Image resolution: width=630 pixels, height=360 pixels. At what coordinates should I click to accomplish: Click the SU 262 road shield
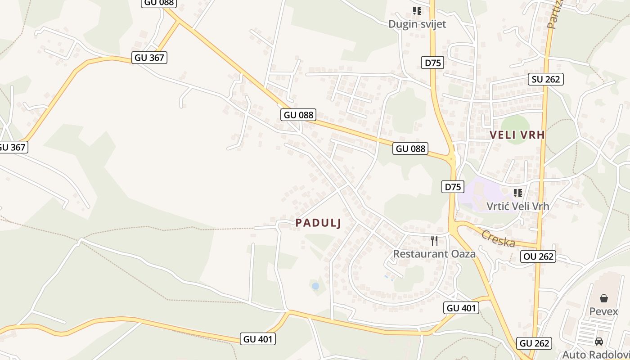(x=545, y=80)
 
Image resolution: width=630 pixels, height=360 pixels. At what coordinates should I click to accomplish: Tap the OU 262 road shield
(x=538, y=256)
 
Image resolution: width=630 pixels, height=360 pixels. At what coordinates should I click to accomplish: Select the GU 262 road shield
(x=534, y=343)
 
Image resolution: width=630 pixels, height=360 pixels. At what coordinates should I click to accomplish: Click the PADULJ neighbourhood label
(x=318, y=223)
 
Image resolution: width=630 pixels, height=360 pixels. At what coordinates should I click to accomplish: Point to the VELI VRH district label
(x=517, y=135)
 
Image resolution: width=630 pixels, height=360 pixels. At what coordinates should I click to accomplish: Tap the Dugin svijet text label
(x=417, y=24)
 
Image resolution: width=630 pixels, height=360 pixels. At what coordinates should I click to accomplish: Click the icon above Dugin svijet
(x=417, y=10)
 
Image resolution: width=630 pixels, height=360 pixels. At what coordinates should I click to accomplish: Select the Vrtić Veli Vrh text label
(x=518, y=206)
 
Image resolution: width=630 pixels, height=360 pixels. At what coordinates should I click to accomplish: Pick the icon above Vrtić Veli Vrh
(x=518, y=193)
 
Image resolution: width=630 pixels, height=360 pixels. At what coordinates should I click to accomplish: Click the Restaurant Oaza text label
(x=434, y=254)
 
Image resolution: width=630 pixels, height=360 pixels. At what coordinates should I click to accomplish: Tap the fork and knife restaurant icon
(x=434, y=241)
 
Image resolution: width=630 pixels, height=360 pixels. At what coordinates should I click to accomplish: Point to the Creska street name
(x=499, y=239)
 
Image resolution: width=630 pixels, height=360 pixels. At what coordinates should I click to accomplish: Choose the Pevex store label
(x=603, y=311)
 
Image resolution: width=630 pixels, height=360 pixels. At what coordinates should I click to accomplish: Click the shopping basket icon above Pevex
(x=603, y=298)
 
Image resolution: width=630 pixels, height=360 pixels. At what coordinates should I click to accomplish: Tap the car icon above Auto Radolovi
(x=598, y=342)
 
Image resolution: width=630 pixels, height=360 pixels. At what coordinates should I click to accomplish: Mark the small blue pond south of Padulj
(x=315, y=286)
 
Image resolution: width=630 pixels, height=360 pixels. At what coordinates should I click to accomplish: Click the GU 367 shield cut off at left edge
(x=13, y=147)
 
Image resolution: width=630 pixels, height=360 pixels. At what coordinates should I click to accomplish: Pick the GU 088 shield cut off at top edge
(x=159, y=3)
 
